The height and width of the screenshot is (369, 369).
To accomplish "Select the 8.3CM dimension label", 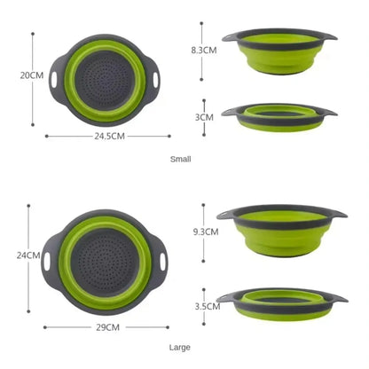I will pos(205,51).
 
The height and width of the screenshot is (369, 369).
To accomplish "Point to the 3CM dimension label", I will pos(205,116).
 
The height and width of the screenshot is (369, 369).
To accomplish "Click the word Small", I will pos(181,159).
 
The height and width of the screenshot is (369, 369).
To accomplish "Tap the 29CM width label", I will pos(108,327).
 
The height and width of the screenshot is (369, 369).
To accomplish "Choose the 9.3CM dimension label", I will pos(205,231).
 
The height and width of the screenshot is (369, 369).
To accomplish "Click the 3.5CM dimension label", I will pos(207,305).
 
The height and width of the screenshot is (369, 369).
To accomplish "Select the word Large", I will pos(181,347).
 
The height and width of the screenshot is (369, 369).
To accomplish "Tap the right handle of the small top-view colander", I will pos(158,77).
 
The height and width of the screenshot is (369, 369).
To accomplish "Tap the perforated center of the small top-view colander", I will pos(106,77).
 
